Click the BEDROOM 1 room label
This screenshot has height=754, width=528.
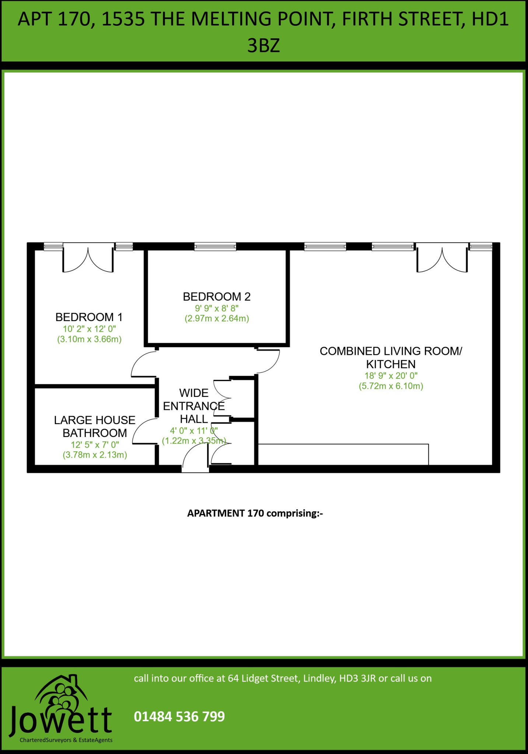click(x=89, y=317)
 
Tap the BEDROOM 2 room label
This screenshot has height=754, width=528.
click(x=217, y=296)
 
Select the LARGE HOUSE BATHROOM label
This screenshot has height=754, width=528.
click(x=95, y=426)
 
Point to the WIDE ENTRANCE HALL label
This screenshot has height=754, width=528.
click(x=194, y=406)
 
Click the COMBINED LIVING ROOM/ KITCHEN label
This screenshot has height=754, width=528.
click(x=391, y=357)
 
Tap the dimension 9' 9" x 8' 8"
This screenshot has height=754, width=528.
click(x=217, y=308)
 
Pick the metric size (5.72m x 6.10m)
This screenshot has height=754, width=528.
click(x=391, y=386)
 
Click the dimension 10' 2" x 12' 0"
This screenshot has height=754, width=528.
click(x=89, y=329)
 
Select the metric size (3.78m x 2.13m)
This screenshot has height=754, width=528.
click(x=95, y=455)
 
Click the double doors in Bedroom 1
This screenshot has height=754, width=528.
click(x=88, y=260)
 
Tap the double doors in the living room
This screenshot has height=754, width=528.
click(x=442, y=260)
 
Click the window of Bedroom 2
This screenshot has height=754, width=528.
click(x=215, y=246)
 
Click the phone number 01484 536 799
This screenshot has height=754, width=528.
click(x=179, y=716)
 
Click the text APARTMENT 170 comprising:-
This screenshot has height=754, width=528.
click(x=255, y=513)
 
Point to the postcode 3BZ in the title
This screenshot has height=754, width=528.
click(x=263, y=46)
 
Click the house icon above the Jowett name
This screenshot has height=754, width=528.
click(x=61, y=692)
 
